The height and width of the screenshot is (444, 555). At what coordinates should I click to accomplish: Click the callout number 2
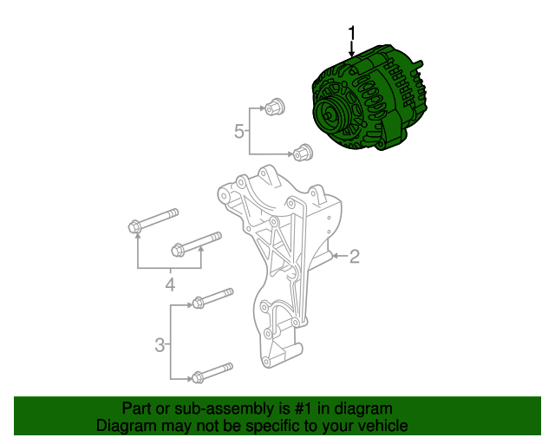354,256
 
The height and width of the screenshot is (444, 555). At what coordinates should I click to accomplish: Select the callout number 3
160,346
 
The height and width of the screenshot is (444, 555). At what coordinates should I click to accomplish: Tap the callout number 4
170,284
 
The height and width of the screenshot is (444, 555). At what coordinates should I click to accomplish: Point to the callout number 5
239,131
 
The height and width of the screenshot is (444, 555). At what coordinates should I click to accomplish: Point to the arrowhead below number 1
352,55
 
